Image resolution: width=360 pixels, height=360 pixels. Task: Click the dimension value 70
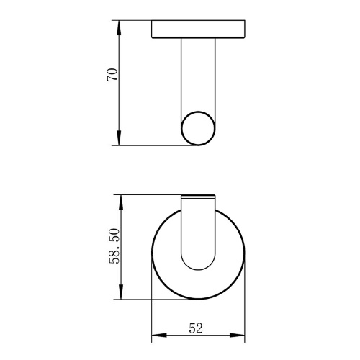point(112,75)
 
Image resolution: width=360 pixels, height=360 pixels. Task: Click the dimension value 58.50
point(114,246)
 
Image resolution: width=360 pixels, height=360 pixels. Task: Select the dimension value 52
point(196,328)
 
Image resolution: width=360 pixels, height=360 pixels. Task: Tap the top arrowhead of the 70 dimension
point(120,27)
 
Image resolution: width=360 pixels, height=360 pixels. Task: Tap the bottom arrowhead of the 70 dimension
point(120,138)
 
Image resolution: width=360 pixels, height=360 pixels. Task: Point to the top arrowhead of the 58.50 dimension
point(121,202)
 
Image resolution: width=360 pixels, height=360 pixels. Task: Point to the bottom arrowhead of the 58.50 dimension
point(121,292)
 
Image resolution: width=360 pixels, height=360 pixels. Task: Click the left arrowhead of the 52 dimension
point(159,335)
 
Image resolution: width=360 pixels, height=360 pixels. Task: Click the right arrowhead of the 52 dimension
point(238,335)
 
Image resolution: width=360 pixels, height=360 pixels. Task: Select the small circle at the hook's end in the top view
point(198,112)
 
